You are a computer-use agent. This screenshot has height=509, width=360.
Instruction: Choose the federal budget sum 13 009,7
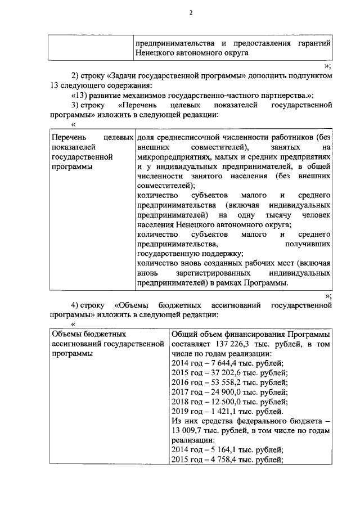[188, 431]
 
